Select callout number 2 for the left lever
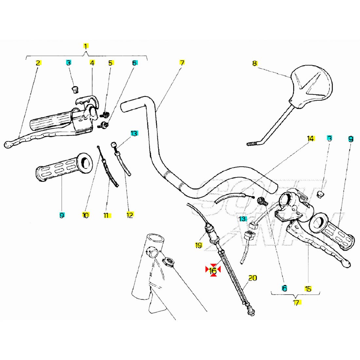[x=38, y=63]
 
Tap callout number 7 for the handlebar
[x=182, y=63]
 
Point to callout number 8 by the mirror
[x=255, y=63]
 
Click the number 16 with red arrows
[x=213, y=270]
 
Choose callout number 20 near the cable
[x=252, y=278]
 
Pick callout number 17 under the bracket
[x=296, y=303]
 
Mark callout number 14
[x=310, y=139]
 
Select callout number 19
[x=199, y=245]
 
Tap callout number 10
[x=85, y=215]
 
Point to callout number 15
[x=308, y=289]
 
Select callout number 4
[x=92, y=63]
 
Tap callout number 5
[x=111, y=63]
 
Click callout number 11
[x=106, y=215]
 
